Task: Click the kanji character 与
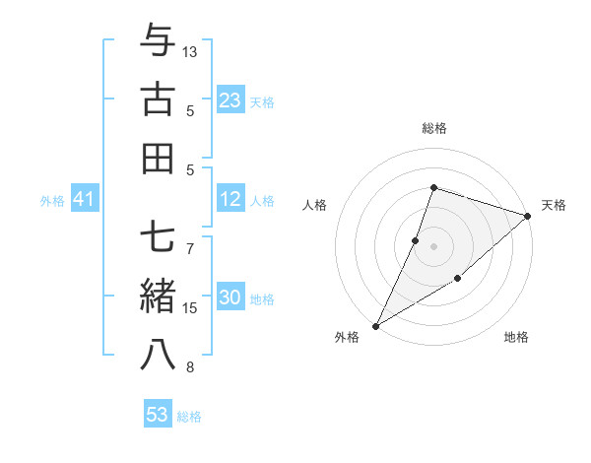point(159,41)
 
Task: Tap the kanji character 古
point(159,99)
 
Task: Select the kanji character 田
point(159,158)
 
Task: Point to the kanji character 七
point(159,236)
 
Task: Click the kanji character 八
point(159,356)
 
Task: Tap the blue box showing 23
point(230,100)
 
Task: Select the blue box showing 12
point(230,200)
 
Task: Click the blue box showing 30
point(230,298)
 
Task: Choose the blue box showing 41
point(84,200)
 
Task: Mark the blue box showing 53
point(158,415)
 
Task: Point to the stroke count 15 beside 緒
point(191,308)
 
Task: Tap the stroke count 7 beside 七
point(191,237)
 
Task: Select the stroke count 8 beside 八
point(191,367)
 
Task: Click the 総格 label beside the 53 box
point(189,417)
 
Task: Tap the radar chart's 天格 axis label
point(554,205)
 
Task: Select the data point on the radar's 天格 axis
point(528,216)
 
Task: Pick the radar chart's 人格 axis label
point(314,205)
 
